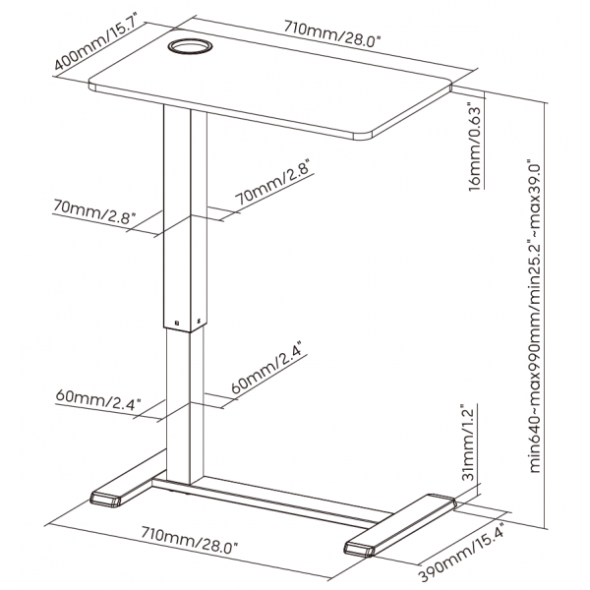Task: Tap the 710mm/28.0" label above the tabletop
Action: (x=332, y=34)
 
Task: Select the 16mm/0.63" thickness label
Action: (x=475, y=147)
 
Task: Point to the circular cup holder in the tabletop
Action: (x=191, y=46)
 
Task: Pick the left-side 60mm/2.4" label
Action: (x=97, y=400)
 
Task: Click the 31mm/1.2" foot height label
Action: (x=468, y=442)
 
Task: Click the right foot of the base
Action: (x=400, y=525)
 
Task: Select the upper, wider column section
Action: (x=185, y=218)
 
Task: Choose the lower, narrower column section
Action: (x=185, y=406)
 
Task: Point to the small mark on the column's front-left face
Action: (x=177, y=323)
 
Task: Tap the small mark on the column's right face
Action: (x=199, y=321)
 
